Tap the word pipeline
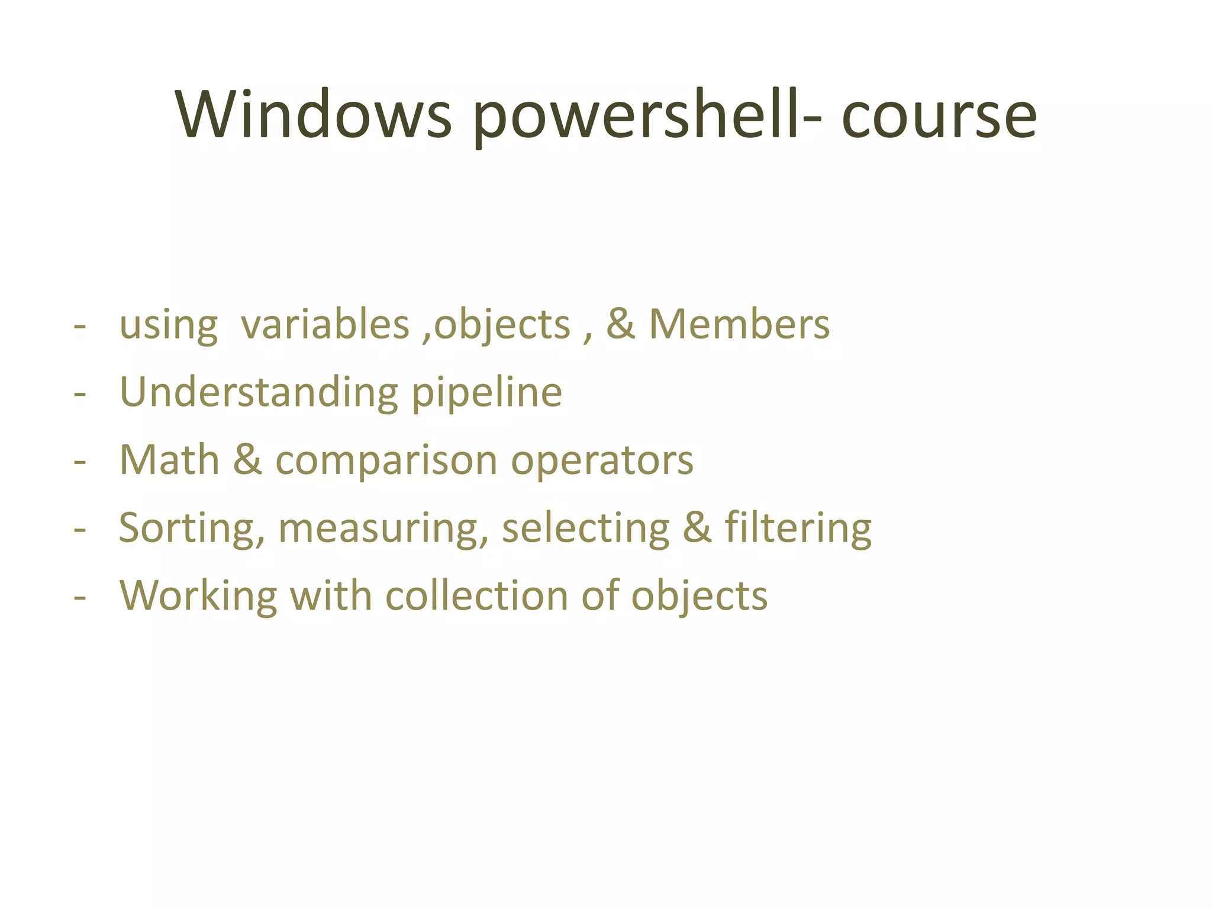click(486, 393)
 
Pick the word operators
click(602, 460)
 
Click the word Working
click(198, 595)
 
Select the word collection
click(477, 595)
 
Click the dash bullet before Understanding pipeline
click(80, 393)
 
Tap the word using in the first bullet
click(168, 326)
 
